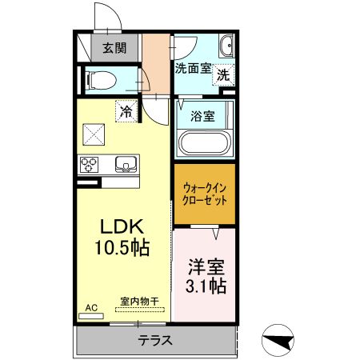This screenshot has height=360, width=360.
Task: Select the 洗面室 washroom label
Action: [x=193, y=69]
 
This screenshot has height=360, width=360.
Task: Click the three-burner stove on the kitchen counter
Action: [x=89, y=165]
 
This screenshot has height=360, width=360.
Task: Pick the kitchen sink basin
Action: [x=126, y=165]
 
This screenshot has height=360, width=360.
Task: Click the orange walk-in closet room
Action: [x=204, y=194]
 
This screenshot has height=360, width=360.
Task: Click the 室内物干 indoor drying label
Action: [x=139, y=302]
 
